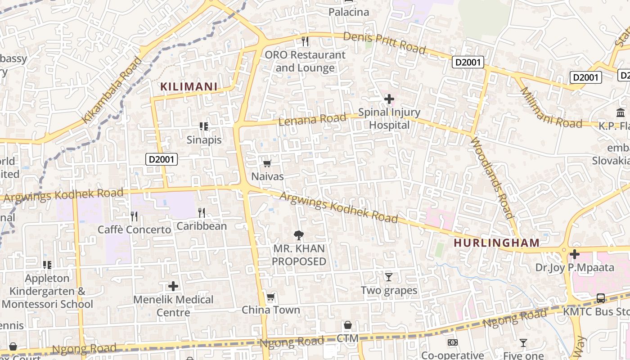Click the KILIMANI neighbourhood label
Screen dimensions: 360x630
coord(189,86)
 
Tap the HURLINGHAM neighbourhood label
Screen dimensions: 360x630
coord(496,243)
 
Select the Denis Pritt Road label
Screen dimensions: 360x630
coord(384,43)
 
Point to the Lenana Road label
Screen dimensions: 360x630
coord(312,120)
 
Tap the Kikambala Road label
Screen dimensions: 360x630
coord(112,90)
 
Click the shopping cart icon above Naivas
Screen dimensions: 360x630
coord(267,163)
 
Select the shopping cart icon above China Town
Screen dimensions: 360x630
coord(270,297)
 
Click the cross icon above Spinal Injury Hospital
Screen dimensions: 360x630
coord(389,99)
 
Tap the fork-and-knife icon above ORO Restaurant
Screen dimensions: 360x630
coord(305,42)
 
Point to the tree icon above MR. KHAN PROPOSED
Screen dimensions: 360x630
coord(298,235)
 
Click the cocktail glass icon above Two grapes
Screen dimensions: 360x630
coord(389,277)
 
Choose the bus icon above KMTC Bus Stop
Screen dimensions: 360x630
coord(600,298)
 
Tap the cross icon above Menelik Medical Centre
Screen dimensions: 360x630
coord(173,286)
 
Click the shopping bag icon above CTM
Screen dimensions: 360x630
coord(347,325)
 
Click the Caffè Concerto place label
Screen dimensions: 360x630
coord(135,229)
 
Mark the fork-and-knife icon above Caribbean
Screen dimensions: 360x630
coord(202,213)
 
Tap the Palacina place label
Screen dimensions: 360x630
coord(349,12)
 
